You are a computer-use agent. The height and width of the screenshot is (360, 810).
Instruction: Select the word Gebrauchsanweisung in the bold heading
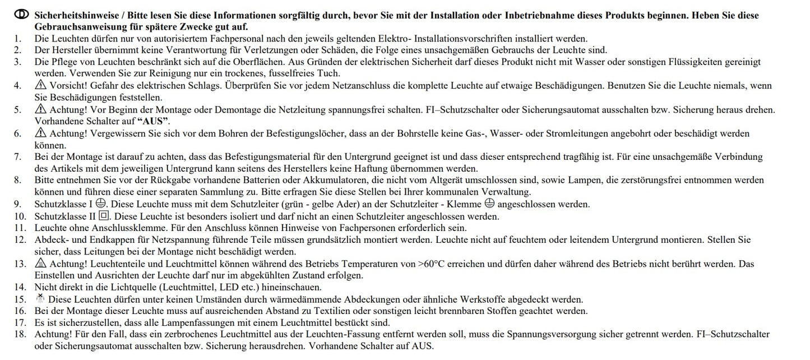click(x=80, y=27)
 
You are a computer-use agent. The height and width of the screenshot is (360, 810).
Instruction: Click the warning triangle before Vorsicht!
click(x=40, y=85)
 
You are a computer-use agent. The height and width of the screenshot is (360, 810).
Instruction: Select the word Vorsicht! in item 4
click(x=67, y=86)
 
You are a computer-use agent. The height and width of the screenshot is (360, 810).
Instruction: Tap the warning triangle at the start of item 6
click(x=40, y=133)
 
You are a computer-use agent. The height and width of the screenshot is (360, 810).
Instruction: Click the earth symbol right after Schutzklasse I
click(x=101, y=204)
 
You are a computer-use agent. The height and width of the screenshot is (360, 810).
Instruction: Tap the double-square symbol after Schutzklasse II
click(x=104, y=216)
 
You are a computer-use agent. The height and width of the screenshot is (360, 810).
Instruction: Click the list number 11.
click(x=20, y=228)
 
